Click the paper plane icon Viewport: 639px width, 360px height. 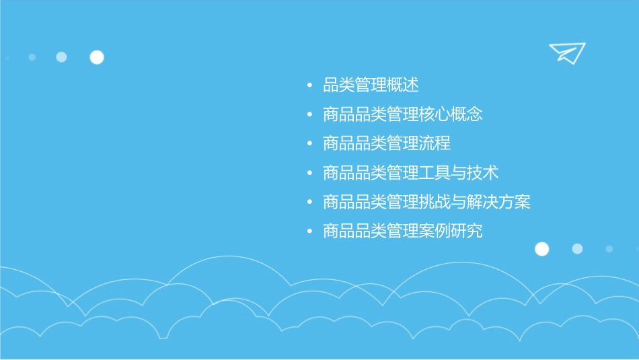[566, 52]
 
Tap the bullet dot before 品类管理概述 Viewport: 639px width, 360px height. [309, 86]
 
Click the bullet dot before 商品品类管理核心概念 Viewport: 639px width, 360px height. [309, 115]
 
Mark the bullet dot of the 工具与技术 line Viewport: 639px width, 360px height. [309, 174]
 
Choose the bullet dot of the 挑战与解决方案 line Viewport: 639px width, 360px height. [309, 203]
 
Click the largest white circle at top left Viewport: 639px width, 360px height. [97, 57]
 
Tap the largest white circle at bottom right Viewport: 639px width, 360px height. [541, 249]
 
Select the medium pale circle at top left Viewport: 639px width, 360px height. [61, 57]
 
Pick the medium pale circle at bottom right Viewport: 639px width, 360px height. [577, 249]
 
